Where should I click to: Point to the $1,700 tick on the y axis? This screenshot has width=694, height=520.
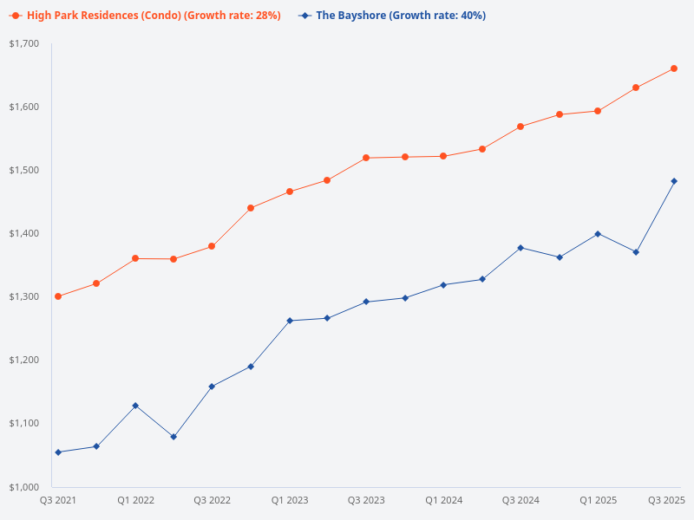24,43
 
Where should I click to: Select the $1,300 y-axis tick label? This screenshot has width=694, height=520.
24,296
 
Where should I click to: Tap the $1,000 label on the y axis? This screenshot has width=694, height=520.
24,486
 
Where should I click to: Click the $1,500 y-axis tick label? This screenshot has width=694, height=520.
24,170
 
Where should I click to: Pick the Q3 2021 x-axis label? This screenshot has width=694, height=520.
58,500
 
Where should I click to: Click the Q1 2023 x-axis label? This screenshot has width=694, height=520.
290,500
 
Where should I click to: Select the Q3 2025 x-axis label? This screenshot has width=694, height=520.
667,500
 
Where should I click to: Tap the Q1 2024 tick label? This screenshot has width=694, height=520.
443,500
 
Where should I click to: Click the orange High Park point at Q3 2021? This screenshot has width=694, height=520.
58,296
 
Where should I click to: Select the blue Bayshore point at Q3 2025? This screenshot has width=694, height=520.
674,181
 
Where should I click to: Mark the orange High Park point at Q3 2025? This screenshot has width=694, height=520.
674,68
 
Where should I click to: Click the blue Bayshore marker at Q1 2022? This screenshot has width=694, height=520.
135,406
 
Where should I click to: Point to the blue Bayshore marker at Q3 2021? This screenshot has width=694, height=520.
58,452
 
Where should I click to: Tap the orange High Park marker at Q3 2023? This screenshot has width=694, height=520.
366,158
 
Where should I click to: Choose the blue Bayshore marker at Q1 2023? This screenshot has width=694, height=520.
290,321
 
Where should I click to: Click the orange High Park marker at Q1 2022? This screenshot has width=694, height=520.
135,258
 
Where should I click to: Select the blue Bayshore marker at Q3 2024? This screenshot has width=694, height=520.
520,248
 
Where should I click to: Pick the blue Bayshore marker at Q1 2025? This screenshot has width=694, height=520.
598,234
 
